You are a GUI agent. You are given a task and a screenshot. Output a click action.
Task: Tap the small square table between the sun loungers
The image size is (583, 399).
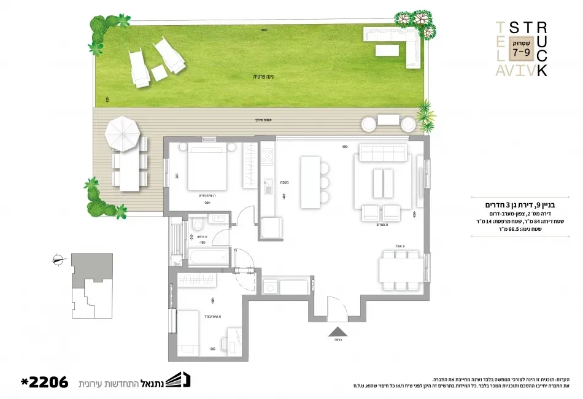[158, 72]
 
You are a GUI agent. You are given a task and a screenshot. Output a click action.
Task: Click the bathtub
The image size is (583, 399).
[207, 258]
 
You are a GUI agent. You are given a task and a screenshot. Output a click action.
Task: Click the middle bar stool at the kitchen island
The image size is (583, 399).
[323, 182]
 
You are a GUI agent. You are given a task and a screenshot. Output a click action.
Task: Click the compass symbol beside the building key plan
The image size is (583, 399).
[58, 259]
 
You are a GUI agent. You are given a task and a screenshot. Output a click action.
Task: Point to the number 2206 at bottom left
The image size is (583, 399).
[44, 382]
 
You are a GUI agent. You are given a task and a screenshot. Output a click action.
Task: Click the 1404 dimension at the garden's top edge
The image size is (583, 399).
[264, 29]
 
